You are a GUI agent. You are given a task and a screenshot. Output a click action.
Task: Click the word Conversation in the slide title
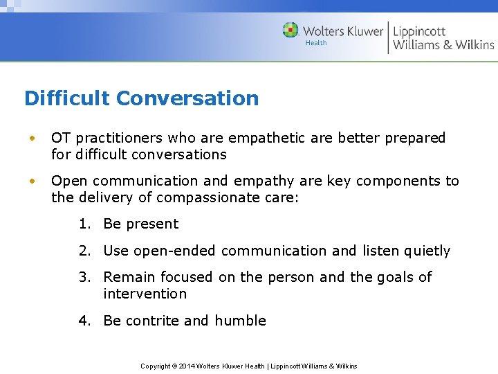tap(187, 98)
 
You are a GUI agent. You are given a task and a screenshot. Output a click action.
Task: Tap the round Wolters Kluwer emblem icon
tap(290, 30)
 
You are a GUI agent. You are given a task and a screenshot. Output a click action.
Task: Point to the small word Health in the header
tap(316, 43)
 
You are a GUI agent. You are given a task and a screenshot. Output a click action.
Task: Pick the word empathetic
tap(268, 138)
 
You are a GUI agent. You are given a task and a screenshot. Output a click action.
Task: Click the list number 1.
tap(84, 224)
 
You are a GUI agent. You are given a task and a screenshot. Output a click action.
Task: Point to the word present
tap(153, 224)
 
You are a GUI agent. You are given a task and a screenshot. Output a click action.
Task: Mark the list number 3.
tap(84, 277)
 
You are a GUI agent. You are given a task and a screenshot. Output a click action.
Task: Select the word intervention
tap(145, 294)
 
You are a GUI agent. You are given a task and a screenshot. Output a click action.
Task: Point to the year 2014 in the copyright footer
tap(187, 366)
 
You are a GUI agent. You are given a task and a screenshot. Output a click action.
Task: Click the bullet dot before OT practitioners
tap(31, 139)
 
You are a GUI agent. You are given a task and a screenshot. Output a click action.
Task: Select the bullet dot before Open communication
tap(31, 181)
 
